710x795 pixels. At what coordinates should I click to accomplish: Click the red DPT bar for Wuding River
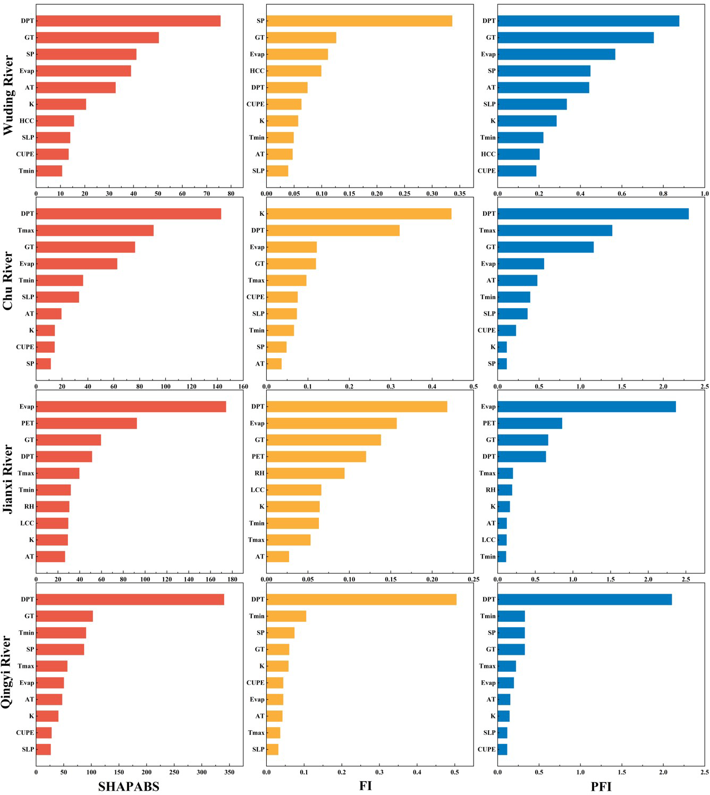(128, 21)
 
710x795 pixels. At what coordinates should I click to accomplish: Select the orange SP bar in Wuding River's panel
(359, 21)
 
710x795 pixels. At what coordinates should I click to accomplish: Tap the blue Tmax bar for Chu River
(555, 230)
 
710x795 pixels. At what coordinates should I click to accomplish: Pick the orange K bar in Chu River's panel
(359, 214)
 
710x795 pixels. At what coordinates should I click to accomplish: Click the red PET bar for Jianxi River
(86, 423)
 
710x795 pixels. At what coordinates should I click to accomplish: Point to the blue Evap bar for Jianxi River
(587, 407)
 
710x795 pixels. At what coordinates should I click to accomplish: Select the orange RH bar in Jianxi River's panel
(306, 473)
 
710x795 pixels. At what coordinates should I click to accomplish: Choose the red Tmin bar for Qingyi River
(61, 632)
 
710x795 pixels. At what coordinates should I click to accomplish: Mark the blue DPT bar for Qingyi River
(585, 599)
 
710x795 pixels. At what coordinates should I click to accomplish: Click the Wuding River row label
(9, 95)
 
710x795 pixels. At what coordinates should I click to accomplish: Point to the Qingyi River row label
(7, 672)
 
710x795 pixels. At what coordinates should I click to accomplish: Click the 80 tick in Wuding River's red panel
(231, 193)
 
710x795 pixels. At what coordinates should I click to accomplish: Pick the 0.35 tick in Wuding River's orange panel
(460, 193)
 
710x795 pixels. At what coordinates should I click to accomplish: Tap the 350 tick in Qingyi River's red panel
(229, 772)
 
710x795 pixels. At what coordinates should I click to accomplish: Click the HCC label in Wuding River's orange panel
(257, 71)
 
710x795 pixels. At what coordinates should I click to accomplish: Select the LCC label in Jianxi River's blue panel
(488, 539)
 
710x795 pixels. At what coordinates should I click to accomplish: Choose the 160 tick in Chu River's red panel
(243, 386)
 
